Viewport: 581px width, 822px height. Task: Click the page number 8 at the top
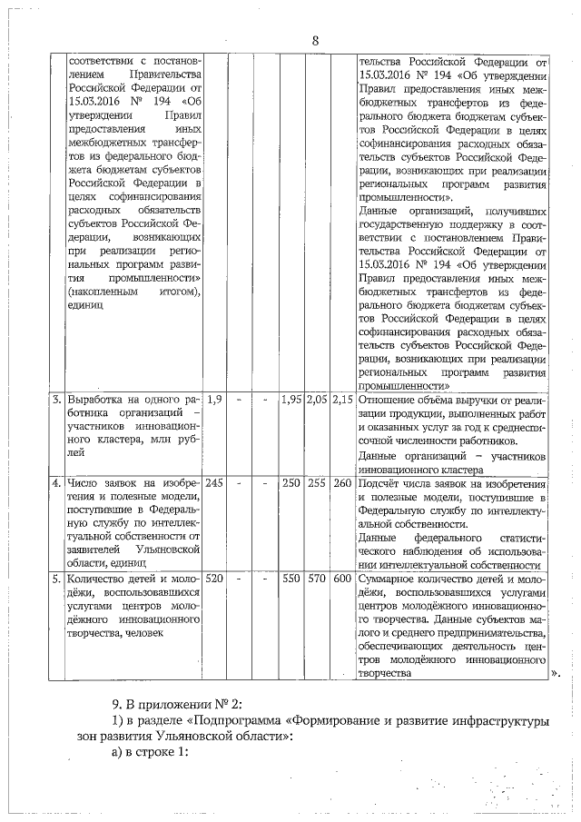pyautogui.click(x=315, y=41)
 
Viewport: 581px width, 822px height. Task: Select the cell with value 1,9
pyautogui.click(x=216, y=399)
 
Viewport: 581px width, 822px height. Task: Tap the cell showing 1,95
pyautogui.click(x=290, y=399)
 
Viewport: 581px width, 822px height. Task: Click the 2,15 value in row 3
pyautogui.click(x=342, y=399)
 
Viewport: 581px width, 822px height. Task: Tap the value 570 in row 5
pyautogui.click(x=317, y=579)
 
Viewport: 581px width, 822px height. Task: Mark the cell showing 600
pyautogui.click(x=342, y=579)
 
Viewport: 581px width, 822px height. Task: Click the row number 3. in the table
pyautogui.click(x=56, y=399)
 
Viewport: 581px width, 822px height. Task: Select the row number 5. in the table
pyautogui.click(x=56, y=579)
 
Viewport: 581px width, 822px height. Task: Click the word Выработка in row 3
pyautogui.click(x=99, y=399)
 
